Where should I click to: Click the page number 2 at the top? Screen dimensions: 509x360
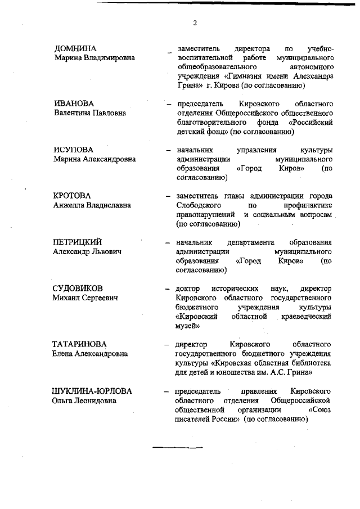coord(194,23)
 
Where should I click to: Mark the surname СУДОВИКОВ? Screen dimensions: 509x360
coord(78,288)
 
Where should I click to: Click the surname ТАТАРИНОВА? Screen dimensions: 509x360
coord(79,344)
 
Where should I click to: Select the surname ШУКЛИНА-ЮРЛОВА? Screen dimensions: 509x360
coord(92,391)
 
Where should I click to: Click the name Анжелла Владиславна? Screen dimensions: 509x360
coord(92,205)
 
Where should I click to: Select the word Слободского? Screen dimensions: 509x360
coord(199,206)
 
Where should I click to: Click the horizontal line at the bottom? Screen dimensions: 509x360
coord(178,448)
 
